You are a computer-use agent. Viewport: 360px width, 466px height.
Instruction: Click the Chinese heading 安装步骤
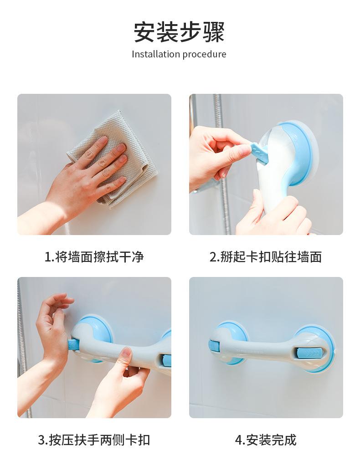click(179, 32)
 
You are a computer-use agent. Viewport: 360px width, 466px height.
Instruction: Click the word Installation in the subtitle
click(156, 54)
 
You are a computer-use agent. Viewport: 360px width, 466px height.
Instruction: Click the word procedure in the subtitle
click(205, 55)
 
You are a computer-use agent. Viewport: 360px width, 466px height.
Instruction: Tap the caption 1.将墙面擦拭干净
click(94, 257)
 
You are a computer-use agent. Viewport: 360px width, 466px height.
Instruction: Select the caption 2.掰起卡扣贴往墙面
click(266, 257)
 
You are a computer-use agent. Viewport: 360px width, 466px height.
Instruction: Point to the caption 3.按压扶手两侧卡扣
click(94, 440)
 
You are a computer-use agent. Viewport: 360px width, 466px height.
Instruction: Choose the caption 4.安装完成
click(266, 440)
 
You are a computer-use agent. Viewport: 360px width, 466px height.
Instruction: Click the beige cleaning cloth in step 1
click(113, 158)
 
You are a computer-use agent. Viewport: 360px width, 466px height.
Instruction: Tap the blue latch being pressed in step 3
click(72, 345)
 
